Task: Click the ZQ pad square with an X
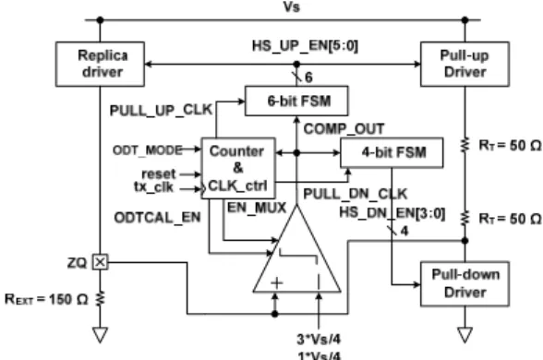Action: (100, 262)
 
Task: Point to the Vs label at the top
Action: (292, 7)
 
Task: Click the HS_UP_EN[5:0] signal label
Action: (305, 46)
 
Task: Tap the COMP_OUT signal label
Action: (344, 129)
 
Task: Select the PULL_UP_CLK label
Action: (161, 111)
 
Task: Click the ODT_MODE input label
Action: (148, 150)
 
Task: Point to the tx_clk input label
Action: (153, 186)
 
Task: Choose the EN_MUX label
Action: (257, 208)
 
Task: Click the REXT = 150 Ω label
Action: (46, 299)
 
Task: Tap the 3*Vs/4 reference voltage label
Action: (319, 340)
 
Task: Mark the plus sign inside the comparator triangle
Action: (277, 283)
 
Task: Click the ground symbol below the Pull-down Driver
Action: (465, 335)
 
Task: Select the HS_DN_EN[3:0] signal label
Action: (392, 213)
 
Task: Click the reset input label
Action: (159, 174)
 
